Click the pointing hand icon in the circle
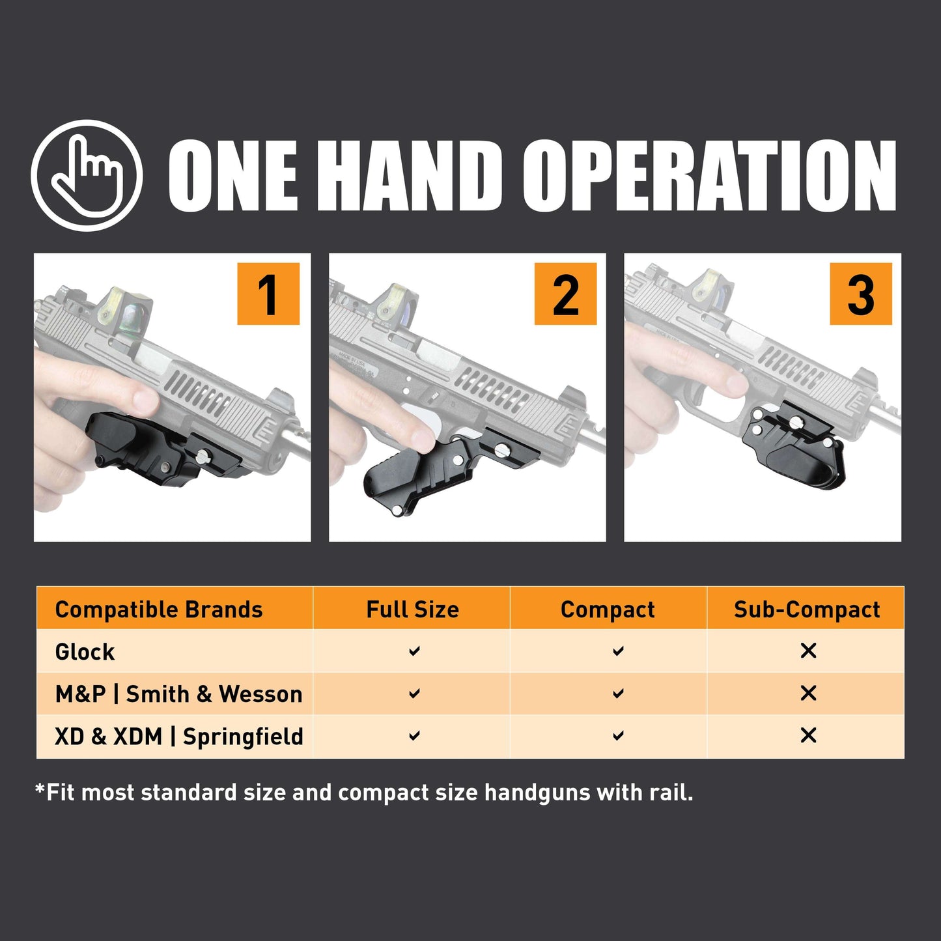click(x=87, y=175)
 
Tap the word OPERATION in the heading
click(x=709, y=176)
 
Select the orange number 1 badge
click(x=268, y=294)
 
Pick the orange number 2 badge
click(x=565, y=294)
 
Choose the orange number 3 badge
click(x=860, y=294)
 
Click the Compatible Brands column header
click(x=159, y=610)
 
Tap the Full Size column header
click(x=412, y=610)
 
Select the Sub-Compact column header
click(x=806, y=610)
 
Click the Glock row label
click(x=85, y=652)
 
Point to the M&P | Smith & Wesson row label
click(x=179, y=694)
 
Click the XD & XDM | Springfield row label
click(x=179, y=737)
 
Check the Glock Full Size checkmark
click(x=414, y=651)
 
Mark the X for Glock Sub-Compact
click(x=808, y=651)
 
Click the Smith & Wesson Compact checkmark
click(x=618, y=694)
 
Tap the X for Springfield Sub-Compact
click(x=808, y=736)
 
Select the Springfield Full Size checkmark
click(x=414, y=736)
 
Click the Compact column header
click(x=608, y=610)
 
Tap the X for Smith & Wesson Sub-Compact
click(x=808, y=694)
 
